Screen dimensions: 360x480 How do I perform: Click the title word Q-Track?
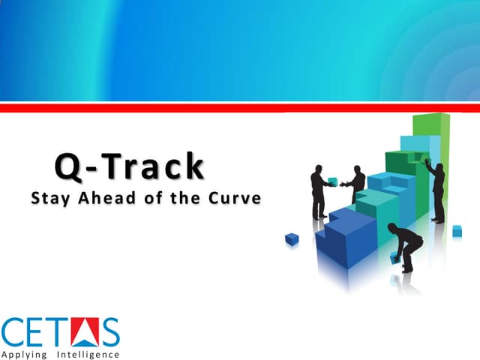coord(129,166)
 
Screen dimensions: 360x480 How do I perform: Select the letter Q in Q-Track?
coord(69,166)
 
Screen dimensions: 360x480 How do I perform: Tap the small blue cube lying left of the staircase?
coord(292,239)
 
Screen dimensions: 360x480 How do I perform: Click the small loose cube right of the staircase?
coord(457,231)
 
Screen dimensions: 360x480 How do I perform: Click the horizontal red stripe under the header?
coord(240,108)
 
